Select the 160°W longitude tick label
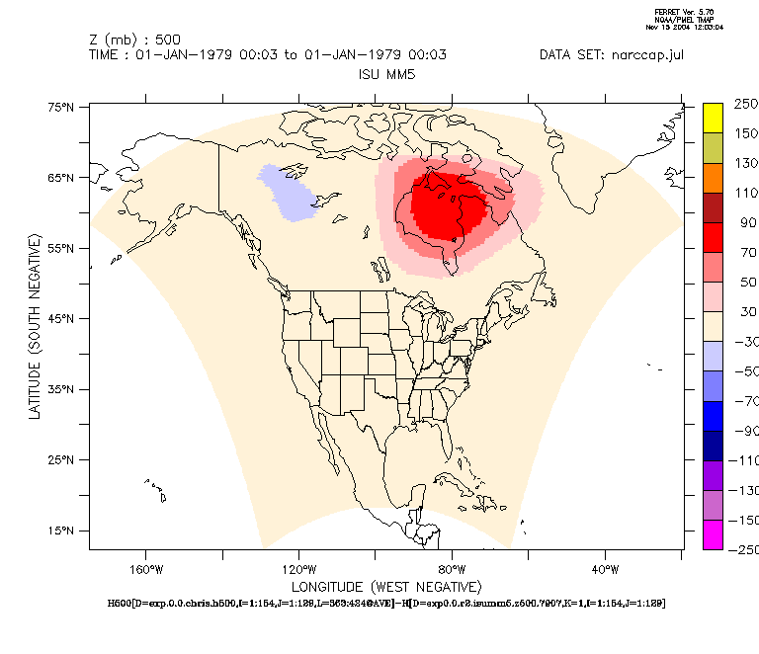(x=145, y=569)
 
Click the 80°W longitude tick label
(x=452, y=569)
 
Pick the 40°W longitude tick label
(x=605, y=569)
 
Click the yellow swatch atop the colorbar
(x=713, y=118)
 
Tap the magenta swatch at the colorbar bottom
(x=713, y=534)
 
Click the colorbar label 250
(x=745, y=103)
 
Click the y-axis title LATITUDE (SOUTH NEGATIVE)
(x=35, y=326)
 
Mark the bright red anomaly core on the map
(x=447, y=205)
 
